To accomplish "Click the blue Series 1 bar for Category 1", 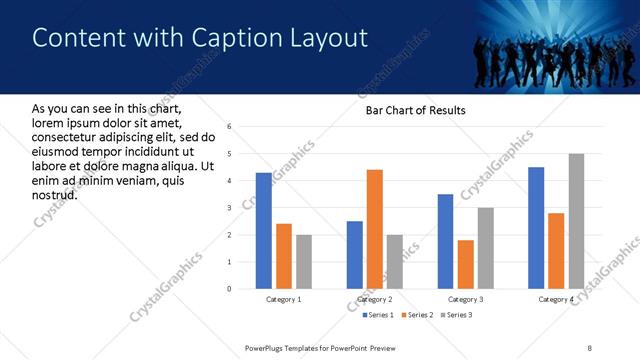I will pyautogui.click(x=263, y=231).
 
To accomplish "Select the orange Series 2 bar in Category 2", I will pyautogui.click(x=375, y=229).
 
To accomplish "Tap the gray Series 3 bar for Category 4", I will pyautogui.click(x=576, y=221).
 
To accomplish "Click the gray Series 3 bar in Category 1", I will pyautogui.click(x=303, y=262).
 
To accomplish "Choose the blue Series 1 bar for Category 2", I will pyautogui.click(x=355, y=255).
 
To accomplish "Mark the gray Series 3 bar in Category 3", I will pyautogui.click(x=485, y=248).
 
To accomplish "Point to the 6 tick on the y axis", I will pyautogui.click(x=229, y=127).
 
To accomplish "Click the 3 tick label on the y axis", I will pyautogui.click(x=229, y=208).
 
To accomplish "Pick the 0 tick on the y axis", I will pyautogui.click(x=229, y=289).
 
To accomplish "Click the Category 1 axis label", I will pyautogui.click(x=283, y=299).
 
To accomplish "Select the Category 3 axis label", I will pyautogui.click(x=465, y=299).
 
